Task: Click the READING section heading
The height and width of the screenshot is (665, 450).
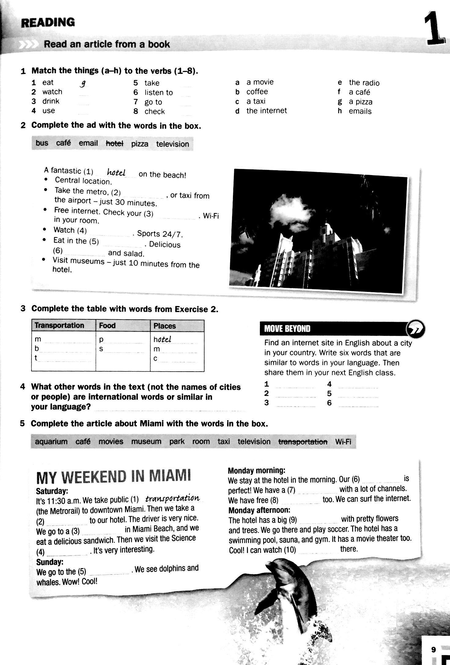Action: [48, 23]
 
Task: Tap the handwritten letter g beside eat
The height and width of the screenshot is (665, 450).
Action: [82, 83]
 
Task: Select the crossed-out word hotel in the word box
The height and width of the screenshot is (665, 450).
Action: [114, 143]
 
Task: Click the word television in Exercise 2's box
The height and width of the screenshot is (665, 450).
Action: [172, 144]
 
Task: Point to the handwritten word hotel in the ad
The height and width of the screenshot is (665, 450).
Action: [116, 173]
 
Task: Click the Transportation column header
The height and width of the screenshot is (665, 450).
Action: [59, 325]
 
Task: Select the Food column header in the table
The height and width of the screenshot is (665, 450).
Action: [107, 325]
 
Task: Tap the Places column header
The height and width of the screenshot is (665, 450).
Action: [165, 326]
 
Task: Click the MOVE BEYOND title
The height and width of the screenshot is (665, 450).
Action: [287, 329]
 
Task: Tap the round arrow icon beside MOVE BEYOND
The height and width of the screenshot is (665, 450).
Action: [415, 328]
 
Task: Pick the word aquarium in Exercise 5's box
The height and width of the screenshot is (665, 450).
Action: [51, 442]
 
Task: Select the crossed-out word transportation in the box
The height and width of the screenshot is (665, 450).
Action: [303, 442]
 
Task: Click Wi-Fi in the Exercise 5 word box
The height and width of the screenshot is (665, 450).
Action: [343, 442]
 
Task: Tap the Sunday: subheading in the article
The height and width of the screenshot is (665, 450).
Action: [50, 562]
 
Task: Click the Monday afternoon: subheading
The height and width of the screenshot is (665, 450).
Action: [259, 510]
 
